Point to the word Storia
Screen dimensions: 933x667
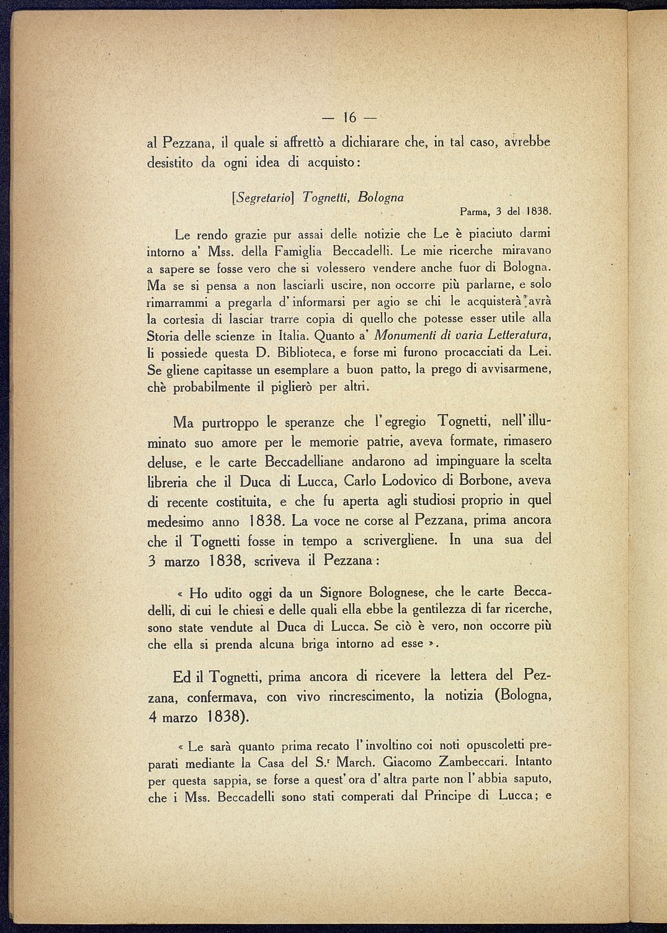coord(163,337)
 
